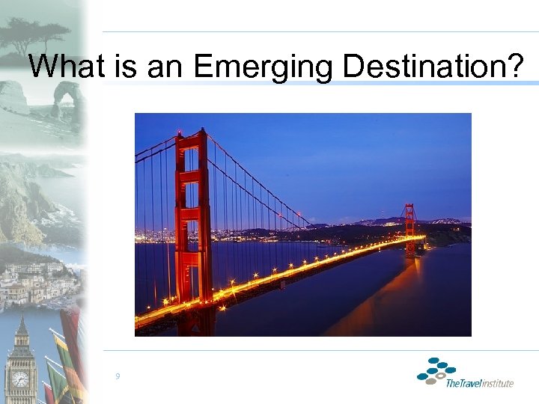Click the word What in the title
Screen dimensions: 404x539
tap(68, 67)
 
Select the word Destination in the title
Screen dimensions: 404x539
tap(431, 67)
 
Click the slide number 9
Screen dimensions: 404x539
tap(118, 376)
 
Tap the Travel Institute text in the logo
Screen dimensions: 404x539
tap(479, 384)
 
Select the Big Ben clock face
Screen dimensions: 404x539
tap(20, 379)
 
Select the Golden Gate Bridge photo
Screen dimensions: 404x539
tap(302, 224)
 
